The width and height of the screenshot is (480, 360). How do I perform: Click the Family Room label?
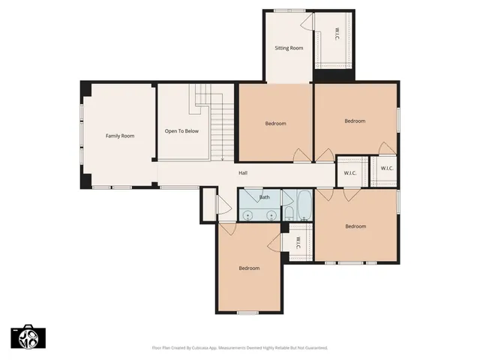120,136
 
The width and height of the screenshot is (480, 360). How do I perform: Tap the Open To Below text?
181,131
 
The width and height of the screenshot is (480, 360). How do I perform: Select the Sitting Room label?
289,48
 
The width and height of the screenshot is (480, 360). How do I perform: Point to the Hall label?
243,173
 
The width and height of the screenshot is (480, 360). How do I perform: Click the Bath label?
265,197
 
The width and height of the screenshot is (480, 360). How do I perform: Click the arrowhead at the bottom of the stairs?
223,158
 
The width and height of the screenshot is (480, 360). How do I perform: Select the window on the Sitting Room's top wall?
284,10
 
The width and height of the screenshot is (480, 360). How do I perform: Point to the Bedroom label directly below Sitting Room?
275,124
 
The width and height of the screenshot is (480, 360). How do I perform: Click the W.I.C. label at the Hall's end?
350,173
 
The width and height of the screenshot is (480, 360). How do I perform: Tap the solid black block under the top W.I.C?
333,76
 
